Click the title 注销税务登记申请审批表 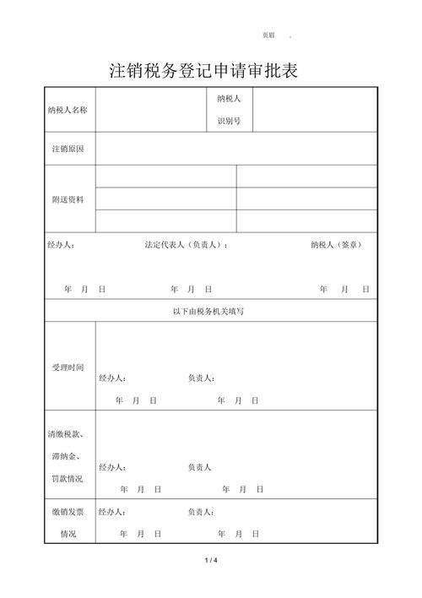(204, 71)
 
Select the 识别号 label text (230, 121)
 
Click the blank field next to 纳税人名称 (150, 110)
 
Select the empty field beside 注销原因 (235, 149)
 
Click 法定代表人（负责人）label (186, 245)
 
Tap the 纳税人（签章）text (337, 245)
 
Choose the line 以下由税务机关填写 (208, 311)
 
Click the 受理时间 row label (68, 367)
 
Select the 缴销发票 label (68, 512)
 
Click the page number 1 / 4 (211, 561)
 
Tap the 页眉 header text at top (268, 35)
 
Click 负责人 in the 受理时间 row (201, 378)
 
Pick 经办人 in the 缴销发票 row (112, 512)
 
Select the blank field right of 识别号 (315, 110)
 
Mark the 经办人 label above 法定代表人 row (61, 245)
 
